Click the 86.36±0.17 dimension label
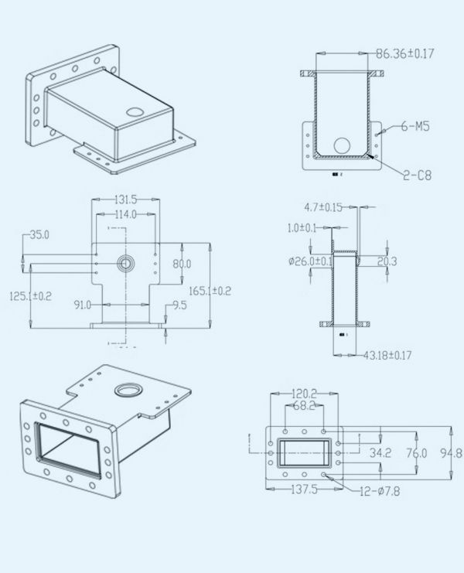point(405,54)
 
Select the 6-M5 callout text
point(415,127)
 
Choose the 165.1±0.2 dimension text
point(210,291)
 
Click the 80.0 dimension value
point(182,264)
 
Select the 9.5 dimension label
point(179,305)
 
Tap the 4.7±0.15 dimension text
point(322,207)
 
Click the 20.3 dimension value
point(387,261)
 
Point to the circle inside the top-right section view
point(341,145)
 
